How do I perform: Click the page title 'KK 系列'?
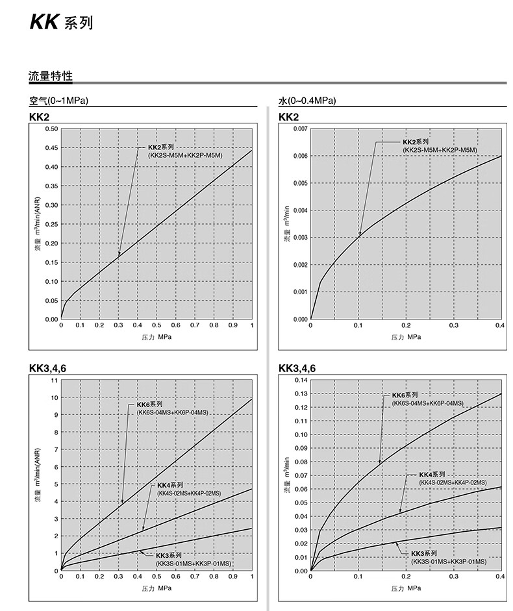click(x=61, y=23)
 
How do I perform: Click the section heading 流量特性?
click(x=51, y=77)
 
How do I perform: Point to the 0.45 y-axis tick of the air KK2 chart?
click(x=51, y=147)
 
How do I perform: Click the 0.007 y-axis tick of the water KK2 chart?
click(x=299, y=129)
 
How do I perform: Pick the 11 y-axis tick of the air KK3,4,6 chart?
click(x=55, y=380)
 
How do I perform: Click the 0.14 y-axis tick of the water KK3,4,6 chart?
click(x=300, y=380)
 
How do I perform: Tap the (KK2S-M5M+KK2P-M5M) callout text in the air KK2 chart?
click(x=185, y=156)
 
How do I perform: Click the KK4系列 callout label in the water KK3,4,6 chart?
click(x=432, y=475)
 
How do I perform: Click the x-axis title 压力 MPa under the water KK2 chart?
click(x=406, y=337)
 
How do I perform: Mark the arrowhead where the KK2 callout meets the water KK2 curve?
click(x=359, y=234)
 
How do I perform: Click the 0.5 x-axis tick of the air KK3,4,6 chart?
click(x=156, y=577)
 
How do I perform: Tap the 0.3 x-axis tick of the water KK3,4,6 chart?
click(x=453, y=577)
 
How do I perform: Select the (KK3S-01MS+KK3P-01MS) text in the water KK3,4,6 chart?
click(x=448, y=560)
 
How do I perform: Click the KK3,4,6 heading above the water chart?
click(x=297, y=369)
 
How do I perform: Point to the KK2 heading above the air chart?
click(x=39, y=118)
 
